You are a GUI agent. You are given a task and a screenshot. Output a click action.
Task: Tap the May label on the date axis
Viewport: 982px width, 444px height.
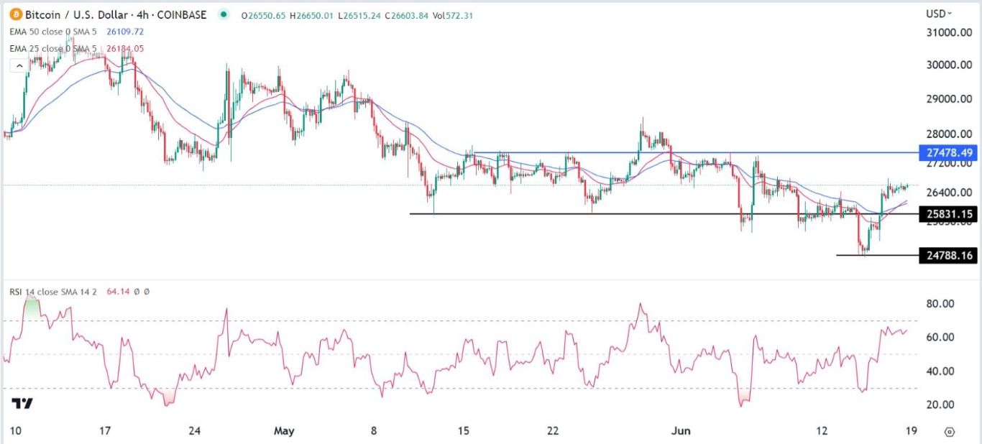(285, 431)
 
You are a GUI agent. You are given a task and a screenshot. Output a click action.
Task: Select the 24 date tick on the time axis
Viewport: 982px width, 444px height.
(193, 431)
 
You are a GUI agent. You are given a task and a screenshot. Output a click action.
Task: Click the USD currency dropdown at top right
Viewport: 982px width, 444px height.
(939, 14)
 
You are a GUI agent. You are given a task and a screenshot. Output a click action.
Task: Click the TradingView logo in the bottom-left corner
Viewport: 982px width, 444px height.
(22, 404)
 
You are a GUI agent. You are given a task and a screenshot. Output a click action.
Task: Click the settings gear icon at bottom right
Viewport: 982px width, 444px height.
(950, 432)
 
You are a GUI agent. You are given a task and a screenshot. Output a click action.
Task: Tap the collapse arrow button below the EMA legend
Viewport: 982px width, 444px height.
(17, 65)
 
